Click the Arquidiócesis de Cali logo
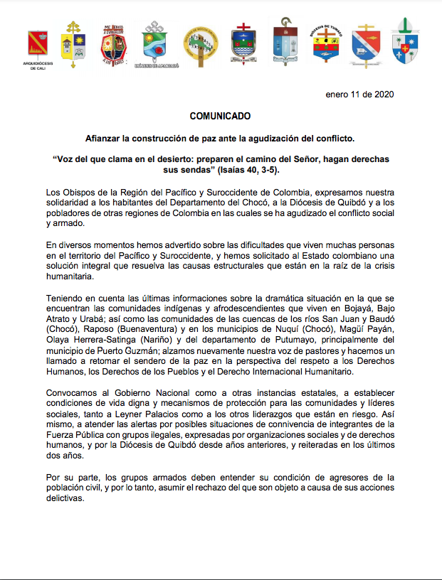pyautogui.click(x=38, y=46)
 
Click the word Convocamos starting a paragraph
pyautogui.click(x=75, y=393)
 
